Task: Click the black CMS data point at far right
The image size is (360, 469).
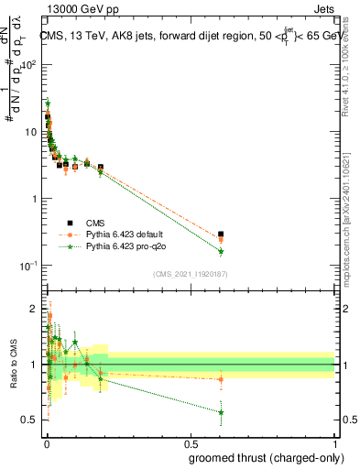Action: [x=221, y=234]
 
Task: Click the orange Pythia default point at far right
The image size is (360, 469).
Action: [x=221, y=240]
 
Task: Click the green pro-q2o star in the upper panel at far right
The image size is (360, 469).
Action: [x=221, y=251]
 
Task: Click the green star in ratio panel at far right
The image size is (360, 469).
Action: [x=221, y=412]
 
